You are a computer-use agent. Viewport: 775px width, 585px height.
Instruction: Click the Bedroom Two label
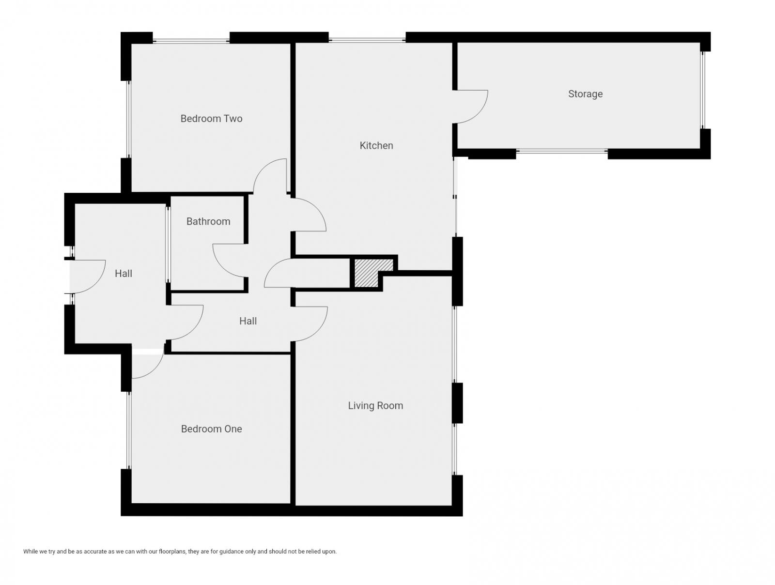point(211,119)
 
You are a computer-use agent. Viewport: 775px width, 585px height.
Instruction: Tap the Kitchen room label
point(376,145)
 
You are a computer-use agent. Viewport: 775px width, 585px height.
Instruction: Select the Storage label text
point(585,94)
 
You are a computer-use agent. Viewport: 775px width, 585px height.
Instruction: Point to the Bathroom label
point(208,221)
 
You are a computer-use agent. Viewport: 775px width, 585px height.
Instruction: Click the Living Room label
point(375,406)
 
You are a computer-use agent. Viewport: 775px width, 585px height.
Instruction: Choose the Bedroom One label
point(211,429)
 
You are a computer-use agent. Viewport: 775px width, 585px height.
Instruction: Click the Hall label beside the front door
point(124,274)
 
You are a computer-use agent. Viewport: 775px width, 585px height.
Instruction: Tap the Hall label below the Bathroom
point(248,321)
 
